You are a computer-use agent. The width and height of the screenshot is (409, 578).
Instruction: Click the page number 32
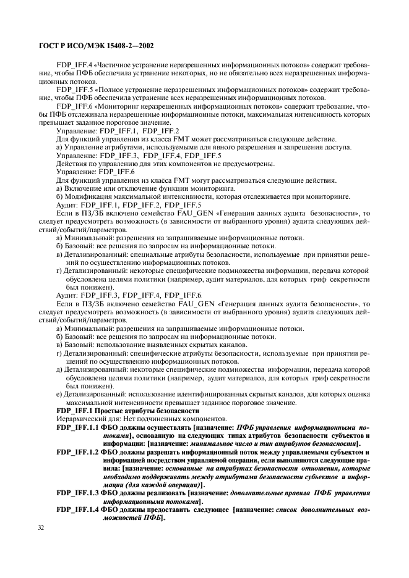tap(42, 527)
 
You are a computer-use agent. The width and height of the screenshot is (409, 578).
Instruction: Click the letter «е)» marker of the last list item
tap(59, 394)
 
